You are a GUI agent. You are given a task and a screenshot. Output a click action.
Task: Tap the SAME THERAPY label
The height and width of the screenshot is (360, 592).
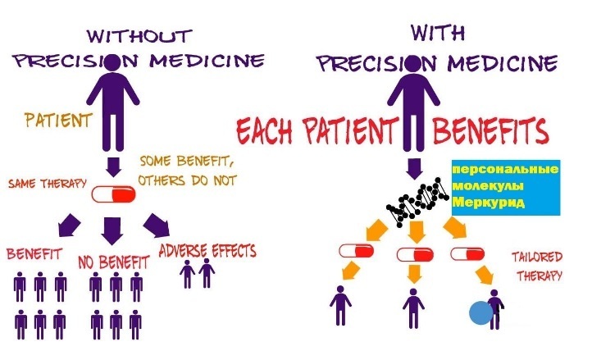pos(48,183)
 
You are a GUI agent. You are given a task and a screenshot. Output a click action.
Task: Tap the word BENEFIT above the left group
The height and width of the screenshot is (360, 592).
pos(36,253)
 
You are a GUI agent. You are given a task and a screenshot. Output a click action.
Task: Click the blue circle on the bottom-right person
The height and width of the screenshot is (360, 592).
pos(481,312)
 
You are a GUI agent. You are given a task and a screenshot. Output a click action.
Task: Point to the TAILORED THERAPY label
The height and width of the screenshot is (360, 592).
pos(536,266)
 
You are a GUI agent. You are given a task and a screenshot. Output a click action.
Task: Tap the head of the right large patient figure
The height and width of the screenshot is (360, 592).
pos(416,62)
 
